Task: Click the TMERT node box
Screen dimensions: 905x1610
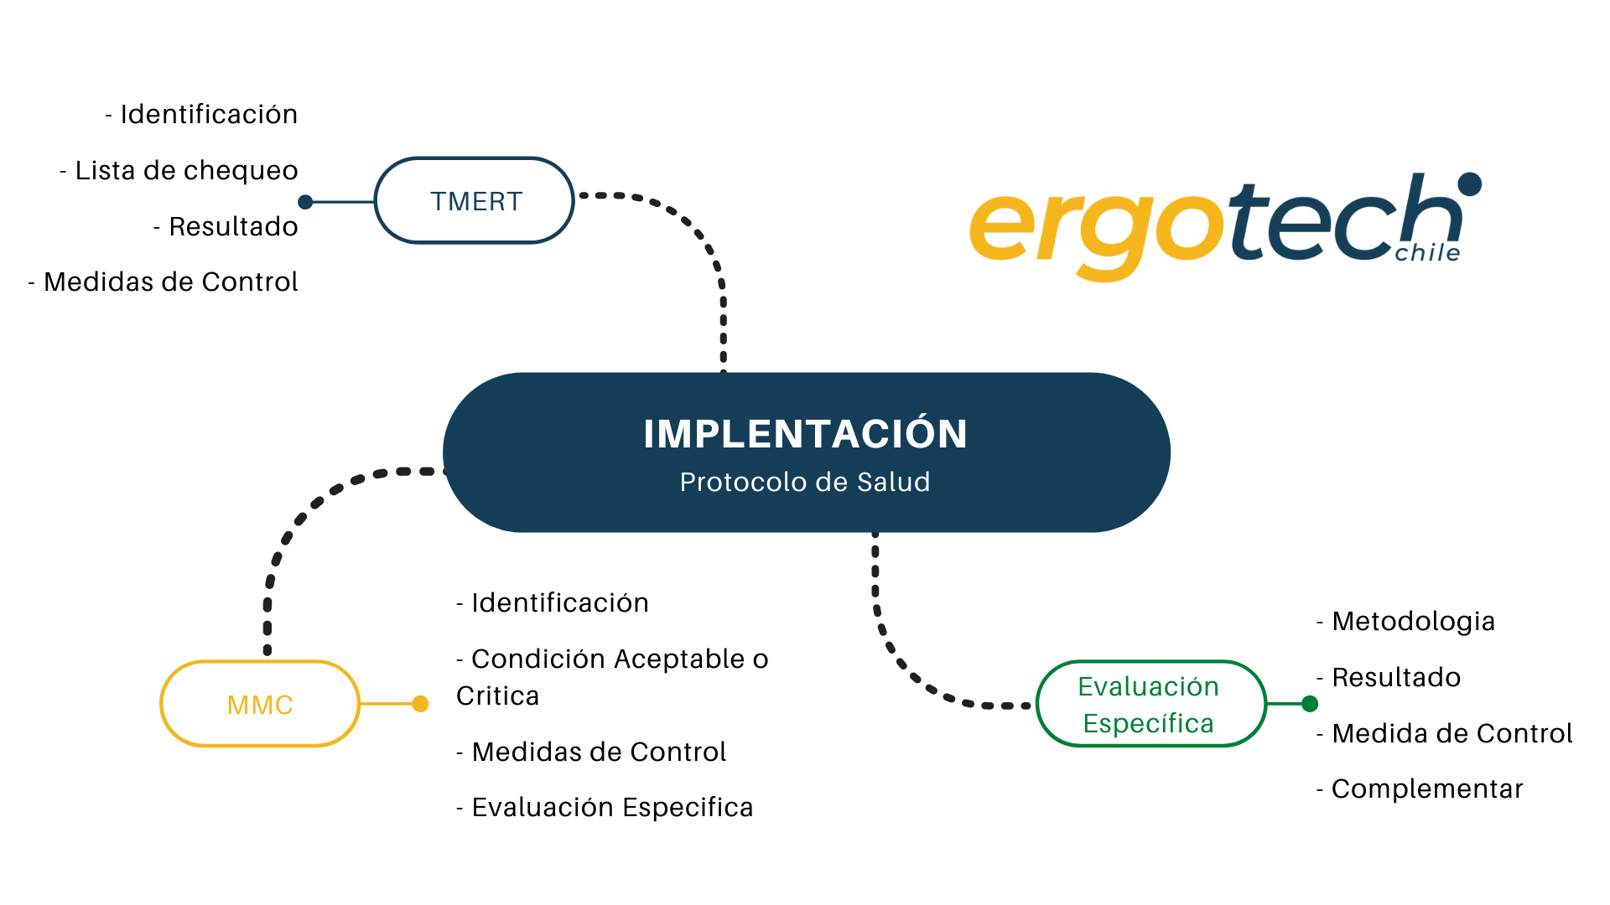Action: [475, 201]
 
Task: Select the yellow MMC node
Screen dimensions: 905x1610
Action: [260, 704]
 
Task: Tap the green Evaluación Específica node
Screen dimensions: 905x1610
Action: [1150, 704]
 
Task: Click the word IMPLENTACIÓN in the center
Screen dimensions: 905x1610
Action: [805, 434]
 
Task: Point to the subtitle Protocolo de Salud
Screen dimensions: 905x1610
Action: [805, 483]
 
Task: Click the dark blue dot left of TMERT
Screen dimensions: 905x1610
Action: [306, 202]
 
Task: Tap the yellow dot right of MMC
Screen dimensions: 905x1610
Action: [421, 704]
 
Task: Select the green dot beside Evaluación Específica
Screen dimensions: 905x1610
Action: [1310, 704]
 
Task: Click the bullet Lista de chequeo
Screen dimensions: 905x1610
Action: [179, 170]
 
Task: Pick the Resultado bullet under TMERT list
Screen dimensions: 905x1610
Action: [226, 226]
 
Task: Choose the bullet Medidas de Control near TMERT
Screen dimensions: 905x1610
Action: [164, 282]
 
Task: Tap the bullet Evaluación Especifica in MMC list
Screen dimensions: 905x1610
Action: [605, 807]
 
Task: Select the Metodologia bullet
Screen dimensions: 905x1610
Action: [1406, 621]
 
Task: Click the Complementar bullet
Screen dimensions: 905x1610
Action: [1420, 789]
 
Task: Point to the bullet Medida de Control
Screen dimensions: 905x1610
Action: [1445, 733]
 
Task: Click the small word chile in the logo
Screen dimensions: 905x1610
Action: [1427, 253]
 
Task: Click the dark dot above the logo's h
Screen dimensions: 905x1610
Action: [1469, 184]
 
